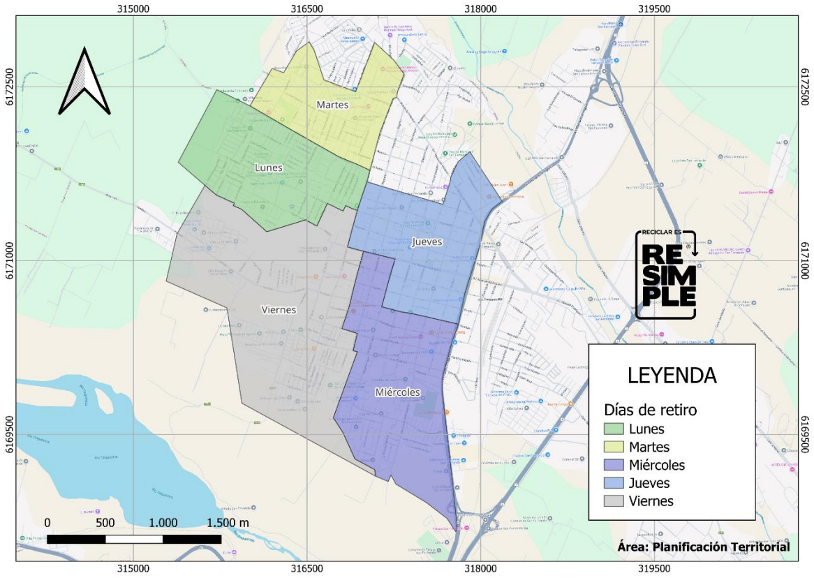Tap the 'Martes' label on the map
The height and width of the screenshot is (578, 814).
[x=332, y=105]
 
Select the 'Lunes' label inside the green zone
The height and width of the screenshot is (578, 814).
[x=268, y=168]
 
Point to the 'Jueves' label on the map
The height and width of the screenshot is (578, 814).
[x=427, y=242]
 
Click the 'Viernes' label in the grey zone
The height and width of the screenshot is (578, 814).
[x=279, y=310]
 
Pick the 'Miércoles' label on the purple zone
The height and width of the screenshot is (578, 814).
[x=397, y=392]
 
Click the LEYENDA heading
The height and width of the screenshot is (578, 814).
[x=672, y=375]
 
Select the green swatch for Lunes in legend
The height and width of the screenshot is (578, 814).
[x=614, y=429]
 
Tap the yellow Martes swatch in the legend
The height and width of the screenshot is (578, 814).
[x=614, y=447]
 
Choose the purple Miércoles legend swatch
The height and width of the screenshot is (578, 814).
[x=614, y=466]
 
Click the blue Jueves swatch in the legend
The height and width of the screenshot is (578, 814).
[x=614, y=483]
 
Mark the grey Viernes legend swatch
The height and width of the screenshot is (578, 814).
[x=614, y=501]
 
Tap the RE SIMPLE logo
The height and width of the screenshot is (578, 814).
[x=667, y=274]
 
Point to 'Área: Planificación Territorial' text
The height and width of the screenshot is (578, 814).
[x=704, y=547]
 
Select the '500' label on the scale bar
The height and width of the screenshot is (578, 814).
[x=105, y=523]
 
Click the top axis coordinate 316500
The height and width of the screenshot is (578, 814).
[x=306, y=8]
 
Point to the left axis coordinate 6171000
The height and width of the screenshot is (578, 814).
[x=8, y=260]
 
